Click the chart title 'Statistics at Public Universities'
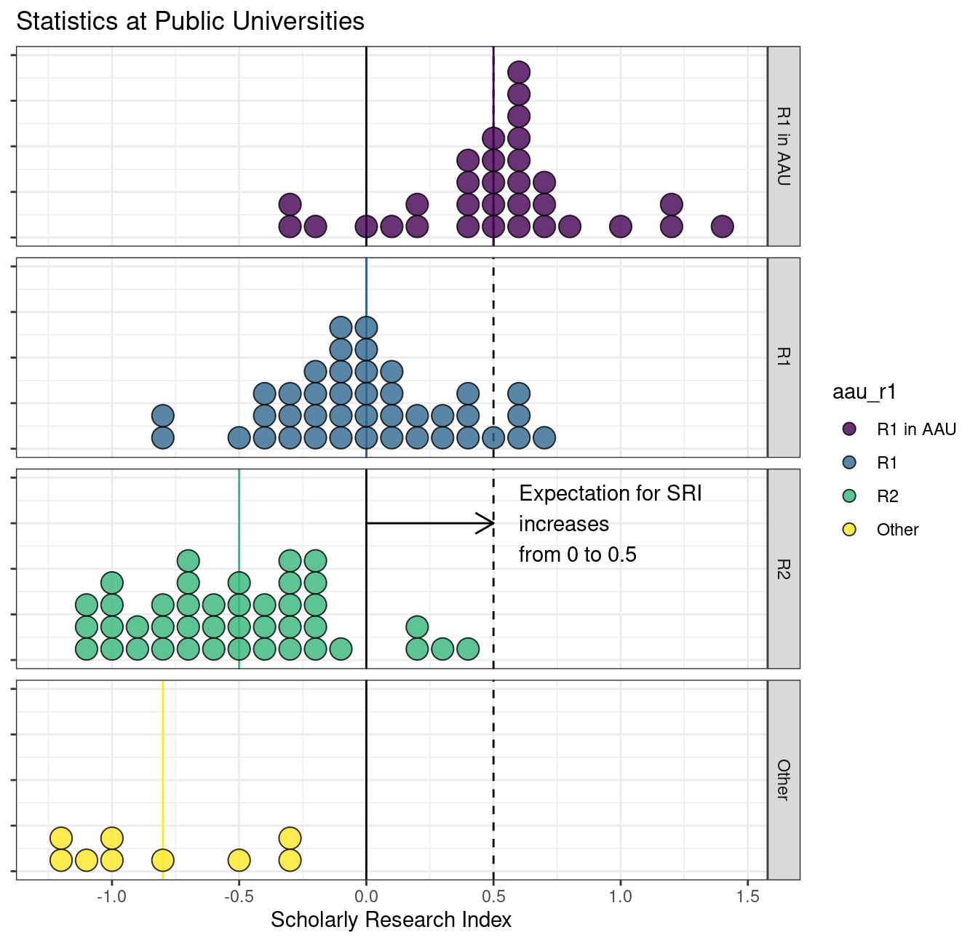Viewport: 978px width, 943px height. point(190,21)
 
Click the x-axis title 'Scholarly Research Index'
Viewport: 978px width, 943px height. point(391,920)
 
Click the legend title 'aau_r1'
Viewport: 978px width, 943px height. point(864,392)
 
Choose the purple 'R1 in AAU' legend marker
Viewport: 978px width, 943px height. point(848,429)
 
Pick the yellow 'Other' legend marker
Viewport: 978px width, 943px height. point(848,530)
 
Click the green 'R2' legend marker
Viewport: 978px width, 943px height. point(848,496)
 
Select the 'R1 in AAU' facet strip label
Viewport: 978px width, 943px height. point(783,146)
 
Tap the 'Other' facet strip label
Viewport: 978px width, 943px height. point(783,779)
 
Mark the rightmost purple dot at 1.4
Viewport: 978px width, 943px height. point(722,226)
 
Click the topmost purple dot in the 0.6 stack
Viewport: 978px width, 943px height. point(518,72)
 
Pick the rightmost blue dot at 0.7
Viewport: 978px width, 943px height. point(544,438)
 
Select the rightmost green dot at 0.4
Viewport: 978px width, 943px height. point(468,648)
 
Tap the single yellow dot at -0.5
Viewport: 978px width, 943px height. point(239,860)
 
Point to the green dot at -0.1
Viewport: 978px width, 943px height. point(341,648)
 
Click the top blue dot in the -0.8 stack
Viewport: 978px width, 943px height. point(162,416)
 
